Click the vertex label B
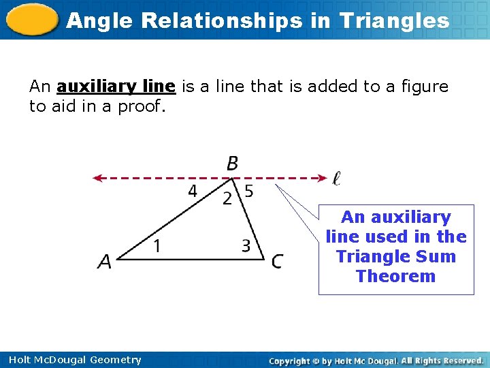(233, 164)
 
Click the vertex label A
(104, 262)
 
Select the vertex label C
(277, 262)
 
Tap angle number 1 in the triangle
(157, 246)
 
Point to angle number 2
(227, 198)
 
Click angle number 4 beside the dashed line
(193, 191)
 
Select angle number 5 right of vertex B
(249, 191)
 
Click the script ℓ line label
(336, 179)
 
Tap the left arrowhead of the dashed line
(98, 179)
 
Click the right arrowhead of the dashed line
(323, 179)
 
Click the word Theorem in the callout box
(395, 276)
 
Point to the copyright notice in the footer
(376, 360)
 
